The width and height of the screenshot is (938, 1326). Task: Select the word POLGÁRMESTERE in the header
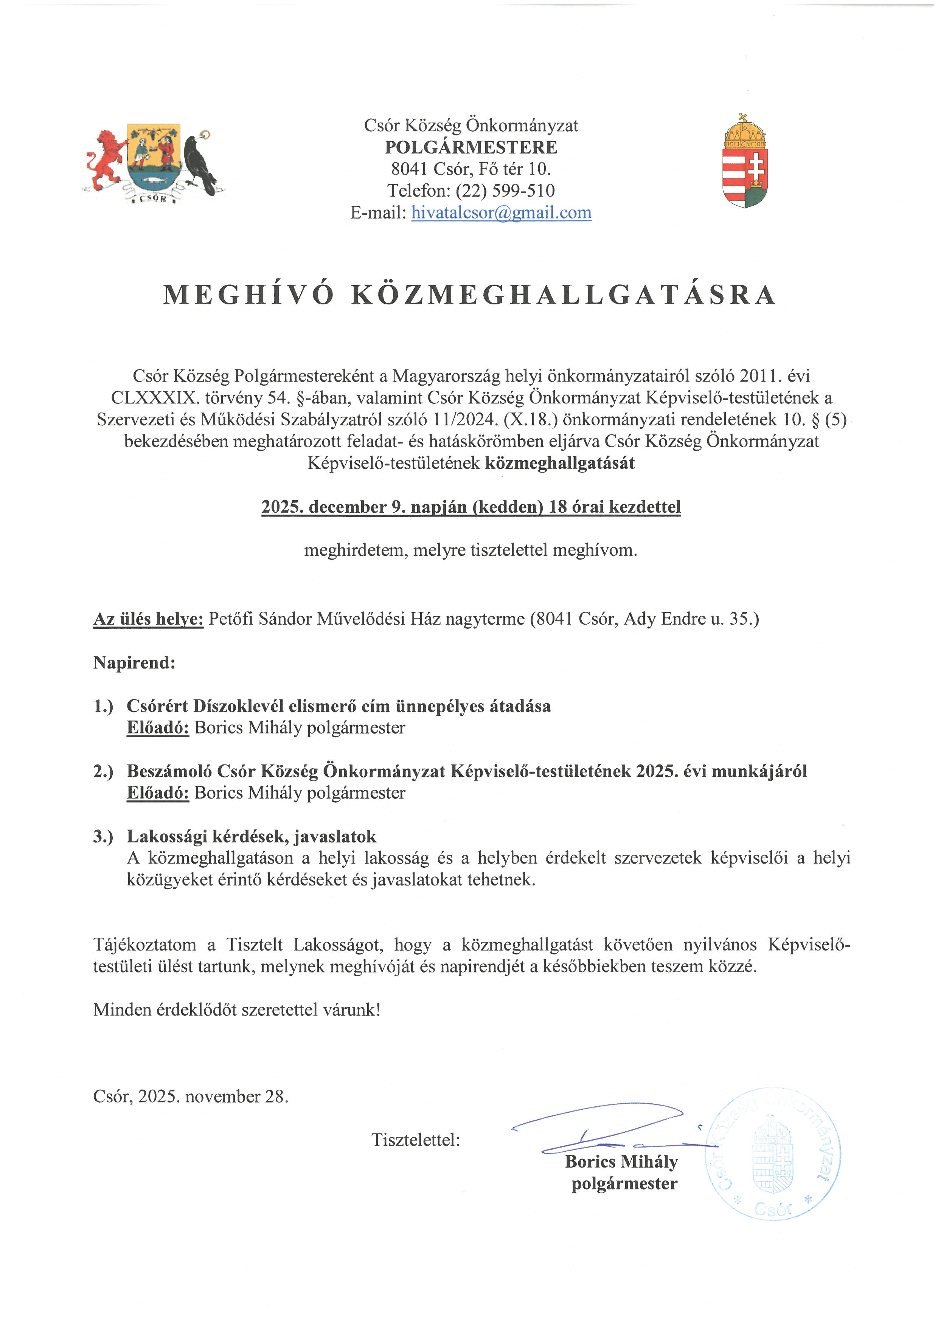tap(471, 147)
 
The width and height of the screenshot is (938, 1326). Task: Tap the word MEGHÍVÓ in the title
tap(248, 295)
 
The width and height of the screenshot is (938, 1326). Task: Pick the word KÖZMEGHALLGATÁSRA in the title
tap(563, 295)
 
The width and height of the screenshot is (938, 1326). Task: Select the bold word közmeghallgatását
tap(560, 463)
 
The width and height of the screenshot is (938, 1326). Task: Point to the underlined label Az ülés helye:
tap(148, 619)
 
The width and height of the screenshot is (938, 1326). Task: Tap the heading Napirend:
tap(134, 662)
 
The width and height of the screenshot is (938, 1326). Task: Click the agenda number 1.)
tap(103, 706)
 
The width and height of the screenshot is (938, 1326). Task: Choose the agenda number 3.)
tap(103, 836)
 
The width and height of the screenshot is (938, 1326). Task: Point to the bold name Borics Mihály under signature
tap(621, 1162)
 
